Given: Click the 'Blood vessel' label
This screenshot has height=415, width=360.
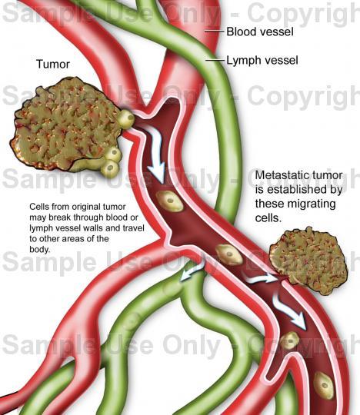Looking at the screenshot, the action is coord(260,32).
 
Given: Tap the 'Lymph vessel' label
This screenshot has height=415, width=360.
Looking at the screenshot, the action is coord(262,61).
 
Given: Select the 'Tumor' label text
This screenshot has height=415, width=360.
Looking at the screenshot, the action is coord(53,65).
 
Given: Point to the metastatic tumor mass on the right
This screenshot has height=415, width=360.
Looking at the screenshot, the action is coord(308,261).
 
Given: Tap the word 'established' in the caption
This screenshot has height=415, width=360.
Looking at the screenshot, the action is coord(298,190).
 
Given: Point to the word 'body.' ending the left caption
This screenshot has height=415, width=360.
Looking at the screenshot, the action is coord(40,250).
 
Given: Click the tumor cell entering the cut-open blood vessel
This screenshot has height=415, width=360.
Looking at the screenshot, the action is coord(126,119).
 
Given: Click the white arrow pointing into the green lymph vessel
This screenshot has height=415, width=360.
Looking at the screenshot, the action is coord(192,271).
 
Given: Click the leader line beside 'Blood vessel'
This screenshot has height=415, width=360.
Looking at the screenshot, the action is coord(215,32).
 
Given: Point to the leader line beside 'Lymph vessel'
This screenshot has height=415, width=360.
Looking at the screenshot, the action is coord(215,61).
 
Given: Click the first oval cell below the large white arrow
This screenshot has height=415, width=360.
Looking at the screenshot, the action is coord(169,201).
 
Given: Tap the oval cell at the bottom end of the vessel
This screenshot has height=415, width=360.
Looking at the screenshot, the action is coord(324,385).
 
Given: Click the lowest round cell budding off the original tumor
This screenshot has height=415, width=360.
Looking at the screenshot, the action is coord(110,168).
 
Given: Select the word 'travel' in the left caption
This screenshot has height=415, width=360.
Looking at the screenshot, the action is coord(134,228).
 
